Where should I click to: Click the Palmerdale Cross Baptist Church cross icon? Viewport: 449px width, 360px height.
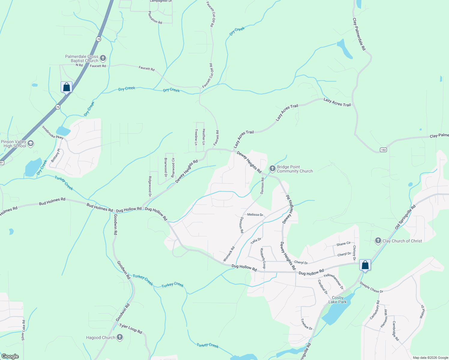(103, 58)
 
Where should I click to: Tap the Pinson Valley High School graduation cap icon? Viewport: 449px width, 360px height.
(30, 144)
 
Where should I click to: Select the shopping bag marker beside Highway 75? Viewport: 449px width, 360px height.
(66, 87)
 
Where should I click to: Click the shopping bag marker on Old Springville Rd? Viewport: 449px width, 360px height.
(365, 265)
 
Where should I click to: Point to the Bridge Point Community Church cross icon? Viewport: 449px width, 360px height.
(272, 169)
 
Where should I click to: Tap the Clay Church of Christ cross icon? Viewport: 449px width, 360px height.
(378, 241)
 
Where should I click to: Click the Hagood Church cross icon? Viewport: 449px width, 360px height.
(119, 337)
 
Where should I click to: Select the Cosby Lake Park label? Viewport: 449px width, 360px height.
(338, 300)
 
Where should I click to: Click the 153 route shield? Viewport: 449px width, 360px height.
(383, 150)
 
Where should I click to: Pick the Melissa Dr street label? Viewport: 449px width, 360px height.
(255, 215)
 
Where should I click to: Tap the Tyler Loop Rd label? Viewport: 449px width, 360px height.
(131, 328)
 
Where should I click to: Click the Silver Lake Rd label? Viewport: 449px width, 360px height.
(23, 330)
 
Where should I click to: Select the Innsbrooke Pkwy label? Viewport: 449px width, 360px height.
(53, 132)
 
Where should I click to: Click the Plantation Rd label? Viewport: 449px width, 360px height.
(155, 17)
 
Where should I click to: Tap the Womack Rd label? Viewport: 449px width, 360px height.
(229, 254)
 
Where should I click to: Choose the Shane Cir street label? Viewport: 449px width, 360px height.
(344, 244)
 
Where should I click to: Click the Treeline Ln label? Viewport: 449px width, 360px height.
(196, 137)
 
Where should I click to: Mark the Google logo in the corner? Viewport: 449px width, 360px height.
(10, 356)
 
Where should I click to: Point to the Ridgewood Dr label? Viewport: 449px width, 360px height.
(150, 186)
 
